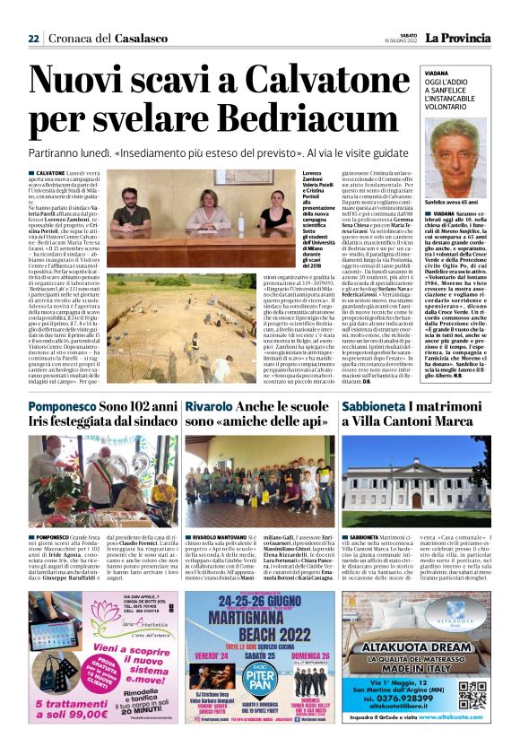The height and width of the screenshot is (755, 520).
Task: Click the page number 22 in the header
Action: coord(33,39)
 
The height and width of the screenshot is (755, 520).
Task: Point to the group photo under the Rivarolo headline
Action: coord(259,480)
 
